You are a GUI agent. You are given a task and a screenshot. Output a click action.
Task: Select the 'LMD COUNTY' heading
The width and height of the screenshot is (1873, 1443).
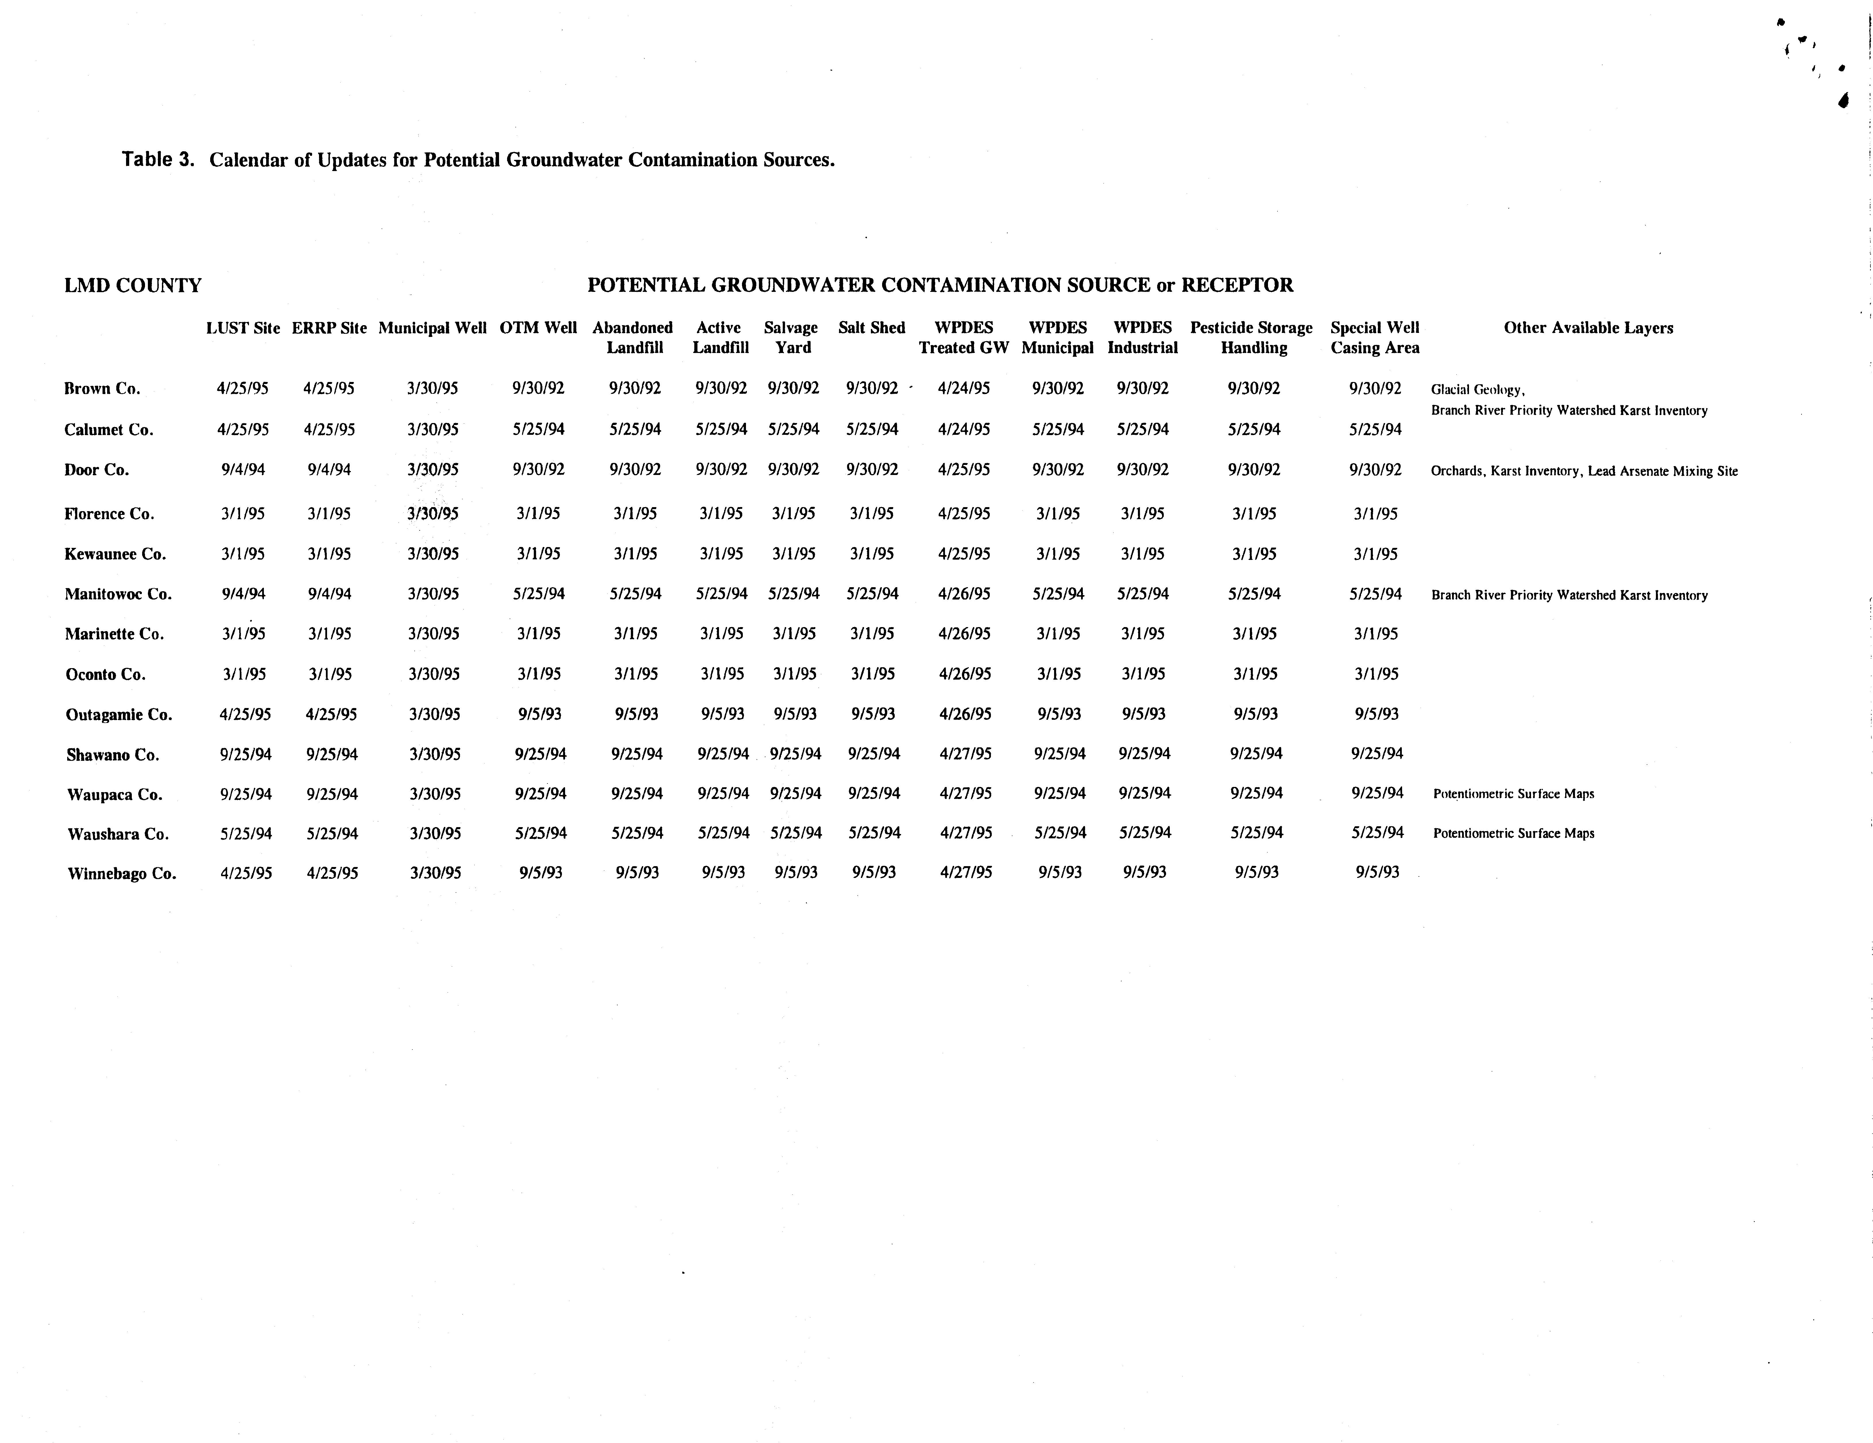tap(133, 286)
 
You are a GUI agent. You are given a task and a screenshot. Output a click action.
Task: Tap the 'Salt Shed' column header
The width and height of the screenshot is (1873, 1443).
tap(871, 327)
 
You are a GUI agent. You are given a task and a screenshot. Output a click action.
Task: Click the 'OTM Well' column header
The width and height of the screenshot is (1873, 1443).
tap(538, 327)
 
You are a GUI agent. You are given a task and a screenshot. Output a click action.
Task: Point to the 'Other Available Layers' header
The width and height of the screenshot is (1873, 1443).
tap(1588, 327)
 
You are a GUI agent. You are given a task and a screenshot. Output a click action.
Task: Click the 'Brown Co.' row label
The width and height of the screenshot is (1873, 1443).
tap(102, 388)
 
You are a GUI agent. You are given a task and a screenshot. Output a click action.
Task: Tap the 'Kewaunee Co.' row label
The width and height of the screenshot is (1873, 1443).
tap(115, 554)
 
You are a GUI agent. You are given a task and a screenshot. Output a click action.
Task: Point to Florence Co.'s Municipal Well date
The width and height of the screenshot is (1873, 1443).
tap(433, 514)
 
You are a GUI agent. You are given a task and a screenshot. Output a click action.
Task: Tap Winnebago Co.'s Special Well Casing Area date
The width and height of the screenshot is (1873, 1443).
tap(1377, 872)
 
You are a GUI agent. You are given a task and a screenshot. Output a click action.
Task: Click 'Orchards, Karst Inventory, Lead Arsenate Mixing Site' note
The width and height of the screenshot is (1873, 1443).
tap(1584, 471)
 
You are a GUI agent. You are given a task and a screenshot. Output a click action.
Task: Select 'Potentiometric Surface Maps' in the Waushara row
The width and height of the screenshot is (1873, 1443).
tap(1514, 833)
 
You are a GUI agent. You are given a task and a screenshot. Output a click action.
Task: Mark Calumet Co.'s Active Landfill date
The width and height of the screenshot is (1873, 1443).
tap(721, 429)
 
